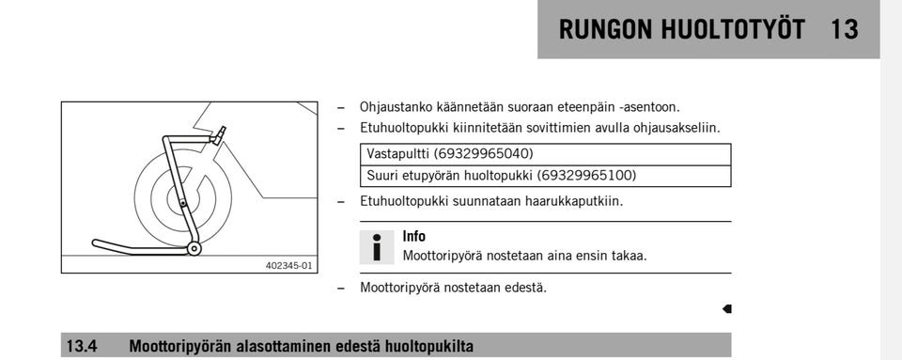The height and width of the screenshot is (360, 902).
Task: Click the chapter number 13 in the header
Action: pos(844,29)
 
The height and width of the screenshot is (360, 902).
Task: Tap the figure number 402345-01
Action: pos(289,266)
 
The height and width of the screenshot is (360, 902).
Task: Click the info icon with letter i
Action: pos(377,246)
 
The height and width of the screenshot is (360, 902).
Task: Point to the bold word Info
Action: pos(413,237)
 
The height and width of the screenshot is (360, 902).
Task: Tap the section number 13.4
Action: pos(82,346)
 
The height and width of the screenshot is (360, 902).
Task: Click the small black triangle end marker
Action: pos(726,308)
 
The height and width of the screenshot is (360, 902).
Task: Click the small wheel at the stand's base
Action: pos(194,248)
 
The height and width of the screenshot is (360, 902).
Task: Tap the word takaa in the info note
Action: pos(629,255)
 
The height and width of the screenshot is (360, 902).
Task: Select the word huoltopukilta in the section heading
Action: pos(428,346)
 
